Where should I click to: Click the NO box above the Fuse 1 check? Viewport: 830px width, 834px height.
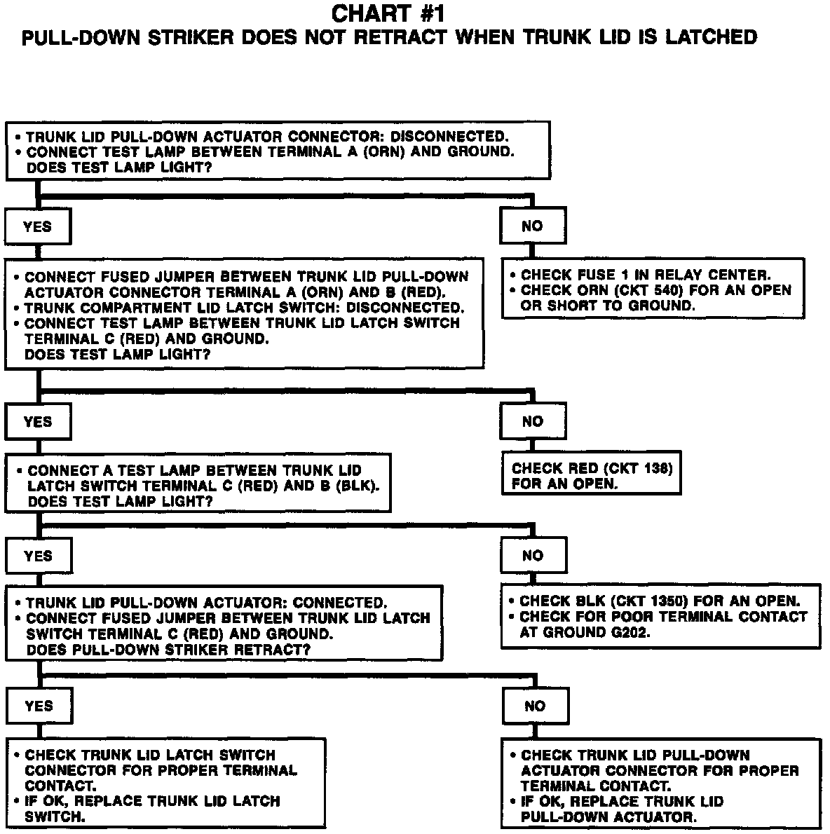(x=532, y=226)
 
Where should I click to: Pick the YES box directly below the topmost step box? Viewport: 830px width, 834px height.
(x=37, y=226)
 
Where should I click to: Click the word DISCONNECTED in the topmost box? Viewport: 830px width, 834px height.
(x=449, y=136)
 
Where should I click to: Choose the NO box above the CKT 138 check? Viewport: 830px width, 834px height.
(x=532, y=421)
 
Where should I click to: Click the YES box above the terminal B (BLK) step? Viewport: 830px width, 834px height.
(x=37, y=422)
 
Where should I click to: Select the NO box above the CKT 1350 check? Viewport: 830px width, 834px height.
(x=532, y=556)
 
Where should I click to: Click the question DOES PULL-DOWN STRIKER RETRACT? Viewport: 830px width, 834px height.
(x=168, y=650)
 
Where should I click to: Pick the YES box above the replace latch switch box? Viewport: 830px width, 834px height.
(x=38, y=706)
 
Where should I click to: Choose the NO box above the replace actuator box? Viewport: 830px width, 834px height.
(x=535, y=706)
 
